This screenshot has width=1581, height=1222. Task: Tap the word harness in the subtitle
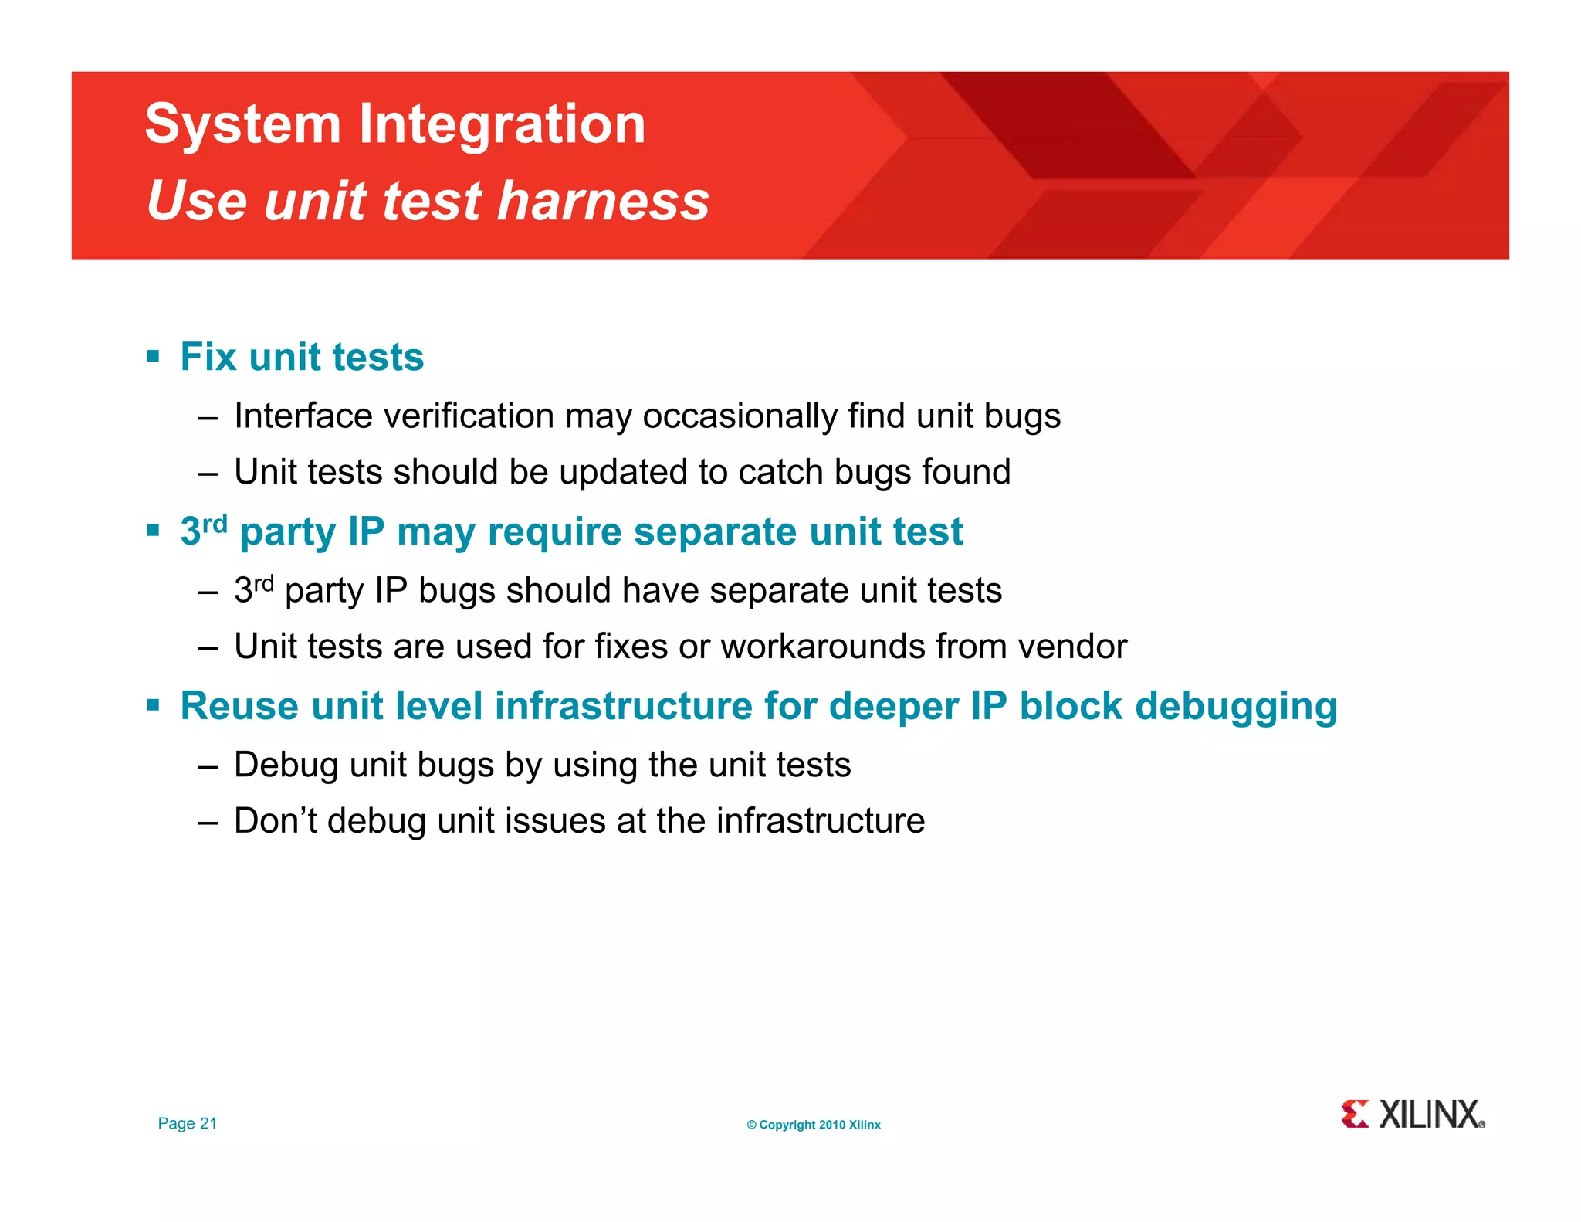tap(603, 201)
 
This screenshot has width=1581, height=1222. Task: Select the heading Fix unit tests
tap(302, 357)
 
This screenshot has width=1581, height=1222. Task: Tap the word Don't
tap(276, 820)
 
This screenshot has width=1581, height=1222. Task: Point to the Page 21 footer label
tap(188, 1124)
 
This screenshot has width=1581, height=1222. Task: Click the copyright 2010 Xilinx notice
tap(814, 1125)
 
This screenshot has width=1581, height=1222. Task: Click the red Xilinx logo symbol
tap(1355, 1114)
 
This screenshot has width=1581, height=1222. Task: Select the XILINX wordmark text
tap(1430, 1115)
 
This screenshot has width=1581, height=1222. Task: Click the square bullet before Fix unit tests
tap(153, 356)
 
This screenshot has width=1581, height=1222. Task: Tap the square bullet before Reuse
tap(153, 705)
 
